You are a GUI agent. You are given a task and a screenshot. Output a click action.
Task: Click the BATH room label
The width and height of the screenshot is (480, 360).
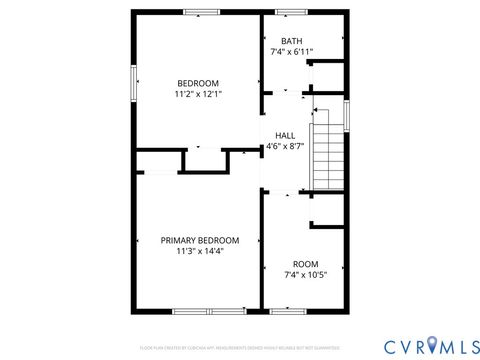tap(291, 41)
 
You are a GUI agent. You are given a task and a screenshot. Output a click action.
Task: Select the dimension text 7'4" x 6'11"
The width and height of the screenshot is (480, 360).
tap(291, 52)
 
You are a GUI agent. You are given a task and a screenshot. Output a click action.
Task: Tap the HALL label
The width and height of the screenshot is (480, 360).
tap(285, 135)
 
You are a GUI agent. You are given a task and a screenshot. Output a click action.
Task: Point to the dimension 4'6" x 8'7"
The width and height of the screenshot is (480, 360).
tap(285, 146)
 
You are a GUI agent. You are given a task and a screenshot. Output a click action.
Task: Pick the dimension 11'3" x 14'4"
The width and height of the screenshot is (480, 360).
tap(200, 251)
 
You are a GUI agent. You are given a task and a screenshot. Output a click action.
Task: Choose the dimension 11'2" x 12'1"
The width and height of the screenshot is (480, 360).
tap(198, 94)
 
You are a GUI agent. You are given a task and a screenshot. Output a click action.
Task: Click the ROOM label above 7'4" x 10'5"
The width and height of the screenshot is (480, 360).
tap(305, 263)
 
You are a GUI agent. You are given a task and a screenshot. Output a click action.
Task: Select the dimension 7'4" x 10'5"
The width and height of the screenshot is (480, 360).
tap(305, 274)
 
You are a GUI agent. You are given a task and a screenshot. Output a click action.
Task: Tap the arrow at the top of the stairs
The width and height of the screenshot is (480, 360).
tap(317, 110)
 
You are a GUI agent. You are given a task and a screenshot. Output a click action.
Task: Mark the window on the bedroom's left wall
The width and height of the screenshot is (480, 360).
tap(132, 83)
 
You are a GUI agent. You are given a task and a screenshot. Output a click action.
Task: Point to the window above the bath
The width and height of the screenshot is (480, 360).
tap(291, 12)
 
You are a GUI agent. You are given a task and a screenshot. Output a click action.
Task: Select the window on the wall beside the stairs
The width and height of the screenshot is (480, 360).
tap(347, 114)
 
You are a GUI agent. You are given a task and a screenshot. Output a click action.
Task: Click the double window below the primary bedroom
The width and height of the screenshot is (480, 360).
tap(209, 311)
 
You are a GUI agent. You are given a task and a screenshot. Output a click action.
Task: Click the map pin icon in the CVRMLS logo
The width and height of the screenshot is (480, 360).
tap(432, 345)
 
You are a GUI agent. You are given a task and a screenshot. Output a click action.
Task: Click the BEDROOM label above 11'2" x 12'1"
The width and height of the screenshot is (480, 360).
tap(198, 83)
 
